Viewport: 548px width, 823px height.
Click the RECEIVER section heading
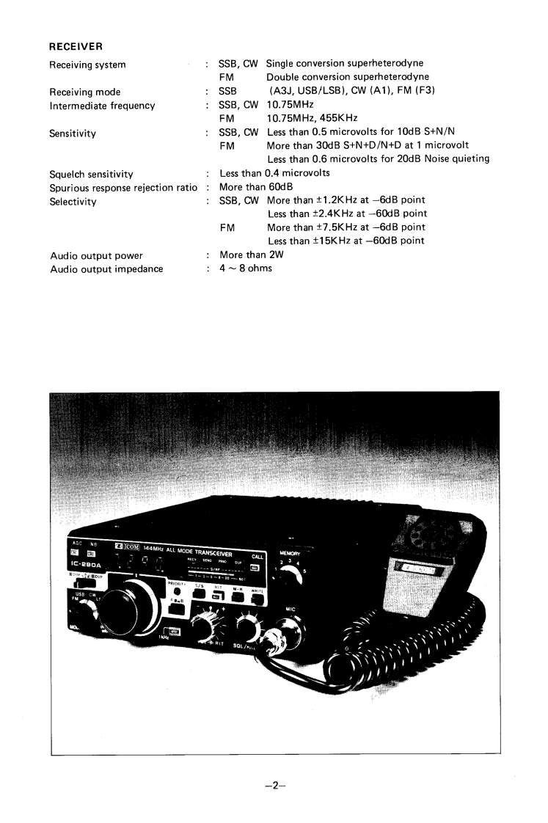[x=75, y=47]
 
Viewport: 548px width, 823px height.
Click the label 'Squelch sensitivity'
[x=91, y=174]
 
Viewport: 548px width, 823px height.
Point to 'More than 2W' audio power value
[x=252, y=255]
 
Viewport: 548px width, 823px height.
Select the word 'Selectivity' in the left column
[x=73, y=201]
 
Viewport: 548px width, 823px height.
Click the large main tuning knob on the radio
[x=133, y=604]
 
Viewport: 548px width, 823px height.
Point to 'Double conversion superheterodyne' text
[x=348, y=77]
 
